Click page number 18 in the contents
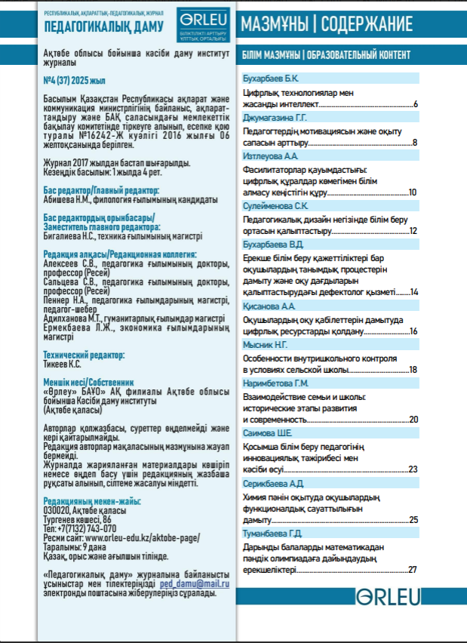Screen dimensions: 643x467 point(413,370)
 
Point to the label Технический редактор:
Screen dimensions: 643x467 point(84,353)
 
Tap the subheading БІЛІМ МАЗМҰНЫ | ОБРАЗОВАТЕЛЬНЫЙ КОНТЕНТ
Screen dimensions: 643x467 point(327,55)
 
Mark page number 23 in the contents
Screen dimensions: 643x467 point(413,469)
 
